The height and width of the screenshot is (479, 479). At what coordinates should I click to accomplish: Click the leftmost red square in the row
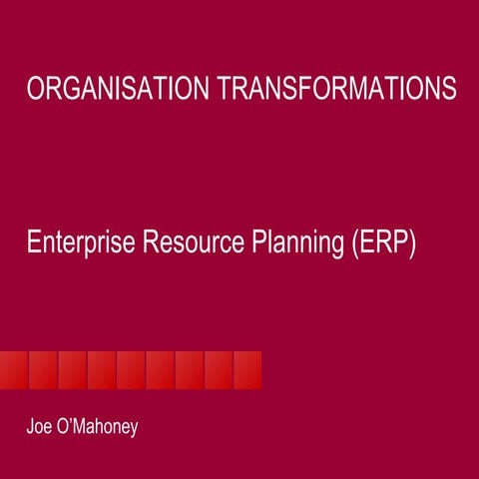pos(14,369)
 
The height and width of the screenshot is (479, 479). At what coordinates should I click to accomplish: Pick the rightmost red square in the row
pos(247,369)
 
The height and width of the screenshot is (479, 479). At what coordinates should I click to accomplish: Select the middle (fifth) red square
pos(131,369)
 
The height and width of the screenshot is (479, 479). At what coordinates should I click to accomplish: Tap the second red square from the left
pos(43,369)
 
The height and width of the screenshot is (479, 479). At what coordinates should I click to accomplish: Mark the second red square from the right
pos(219,369)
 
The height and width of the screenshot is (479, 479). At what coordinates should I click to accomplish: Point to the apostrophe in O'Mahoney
pos(72,422)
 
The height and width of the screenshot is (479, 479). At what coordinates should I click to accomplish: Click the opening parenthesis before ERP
pos(353,243)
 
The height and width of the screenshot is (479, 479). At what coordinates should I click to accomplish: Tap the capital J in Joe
pos(30,428)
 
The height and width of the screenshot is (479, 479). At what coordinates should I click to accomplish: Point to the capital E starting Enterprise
pos(33,242)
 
